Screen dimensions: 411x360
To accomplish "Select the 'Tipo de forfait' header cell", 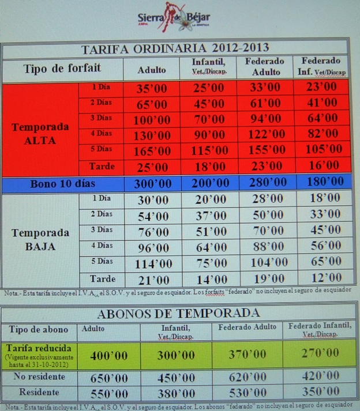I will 62,68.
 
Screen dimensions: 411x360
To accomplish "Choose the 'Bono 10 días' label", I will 62,184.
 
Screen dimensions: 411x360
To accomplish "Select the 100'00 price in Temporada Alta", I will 152,120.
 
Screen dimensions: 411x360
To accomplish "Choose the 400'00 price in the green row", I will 110,355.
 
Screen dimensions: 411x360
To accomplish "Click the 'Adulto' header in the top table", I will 152,69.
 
